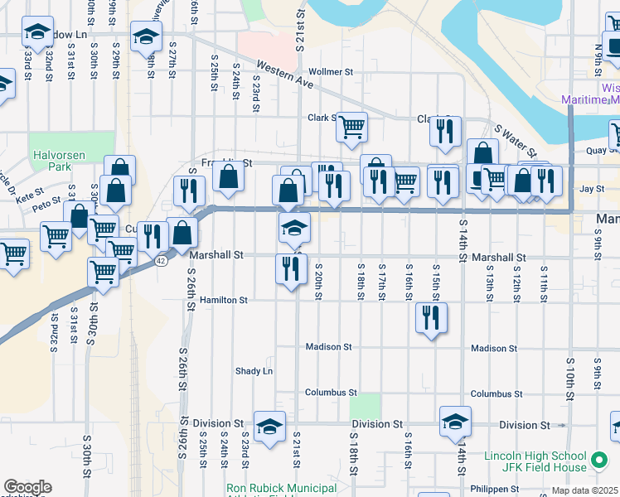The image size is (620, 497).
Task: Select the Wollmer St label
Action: coord(331,72)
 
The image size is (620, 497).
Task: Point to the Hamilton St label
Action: coord(223,300)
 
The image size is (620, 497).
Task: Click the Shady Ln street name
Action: coord(254,371)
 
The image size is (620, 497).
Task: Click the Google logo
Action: coord(27,487)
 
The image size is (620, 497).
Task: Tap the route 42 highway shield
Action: coord(160,260)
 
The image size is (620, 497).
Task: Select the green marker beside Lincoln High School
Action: coord(600,457)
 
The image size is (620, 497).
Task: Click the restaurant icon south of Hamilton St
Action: coord(431,318)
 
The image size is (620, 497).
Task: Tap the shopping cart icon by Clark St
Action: coord(352,128)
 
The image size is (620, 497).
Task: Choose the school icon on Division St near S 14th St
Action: coord(455,421)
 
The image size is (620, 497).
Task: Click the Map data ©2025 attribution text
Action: coord(584,490)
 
